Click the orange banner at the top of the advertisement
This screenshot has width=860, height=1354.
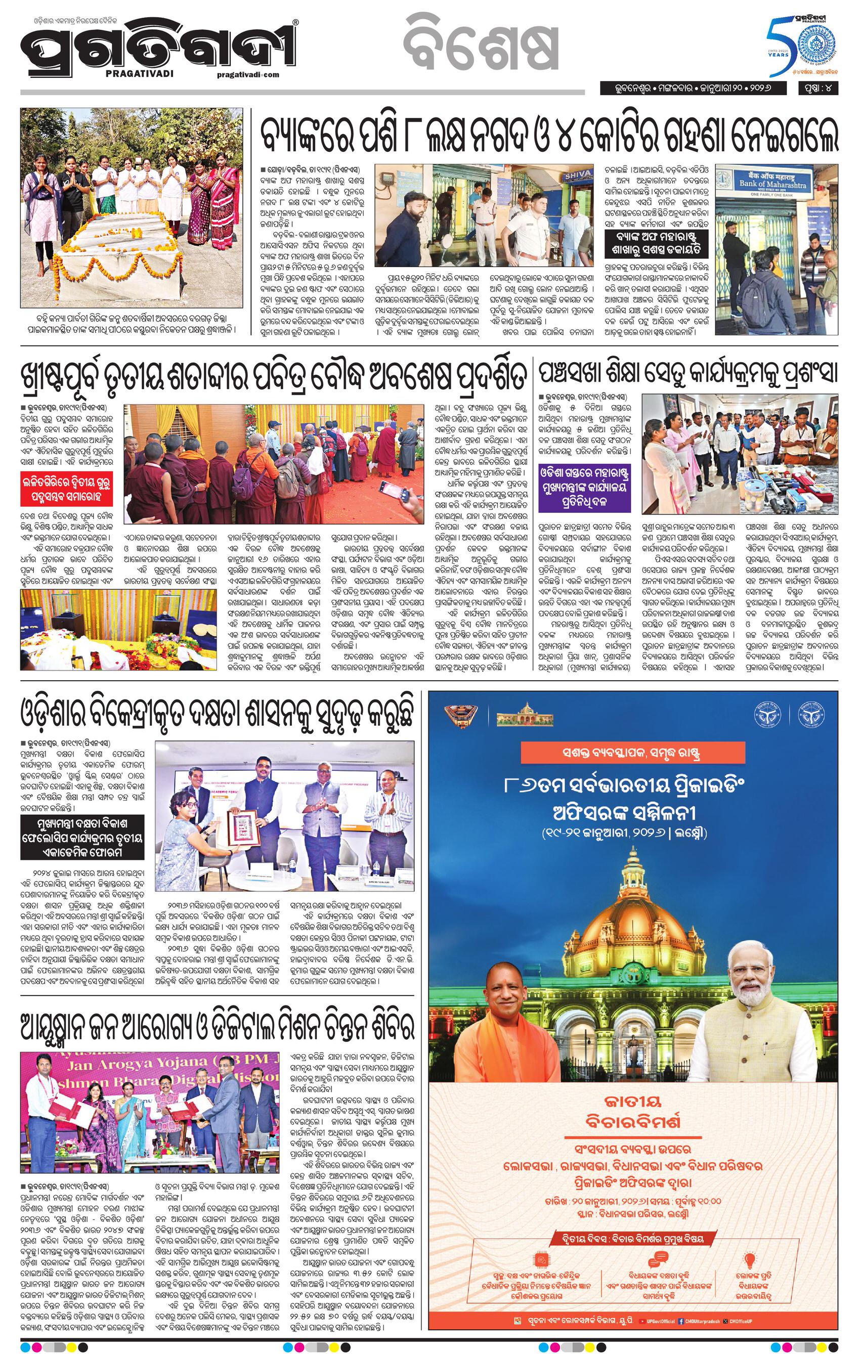click(x=632, y=751)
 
